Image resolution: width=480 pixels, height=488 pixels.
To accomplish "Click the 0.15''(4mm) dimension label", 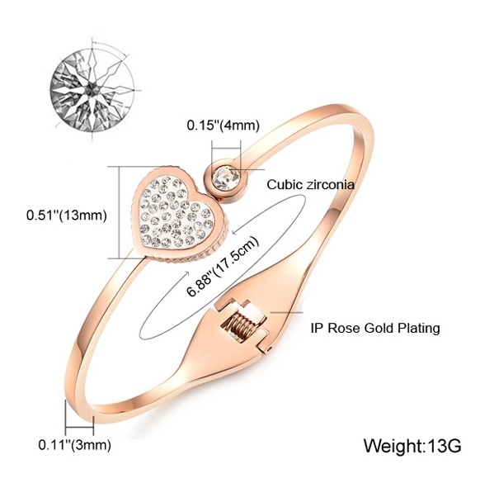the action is pyautogui.click(x=223, y=126).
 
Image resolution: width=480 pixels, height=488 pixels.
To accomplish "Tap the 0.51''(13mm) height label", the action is pyautogui.click(x=67, y=216).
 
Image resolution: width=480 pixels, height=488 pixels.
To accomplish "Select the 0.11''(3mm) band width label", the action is pyautogui.click(x=74, y=445).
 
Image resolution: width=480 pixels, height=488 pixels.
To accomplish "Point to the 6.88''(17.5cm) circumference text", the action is pyautogui.click(x=223, y=267).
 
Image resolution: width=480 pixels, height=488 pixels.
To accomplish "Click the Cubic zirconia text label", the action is pyautogui.click(x=311, y=185).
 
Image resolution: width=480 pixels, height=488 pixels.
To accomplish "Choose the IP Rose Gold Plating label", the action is pyautogui.click(x=375, y=329).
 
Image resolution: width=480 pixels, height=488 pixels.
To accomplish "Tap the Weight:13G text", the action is pyautogui.click(x=412, y=446).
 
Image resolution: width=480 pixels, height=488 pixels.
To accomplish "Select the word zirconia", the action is pyautogui.click(x=331, y=185).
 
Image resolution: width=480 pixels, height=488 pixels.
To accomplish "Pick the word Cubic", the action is pyautogui.click(x=285, y=185).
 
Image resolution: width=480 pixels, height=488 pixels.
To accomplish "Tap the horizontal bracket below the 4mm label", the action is pyautogui.click(x=226, y=149).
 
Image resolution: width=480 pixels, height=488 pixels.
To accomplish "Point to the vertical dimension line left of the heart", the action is pyautogui.click(x=120, y=212).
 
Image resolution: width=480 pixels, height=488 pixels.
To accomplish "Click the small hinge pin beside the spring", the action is pyautogui.click(x=269, y=349).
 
